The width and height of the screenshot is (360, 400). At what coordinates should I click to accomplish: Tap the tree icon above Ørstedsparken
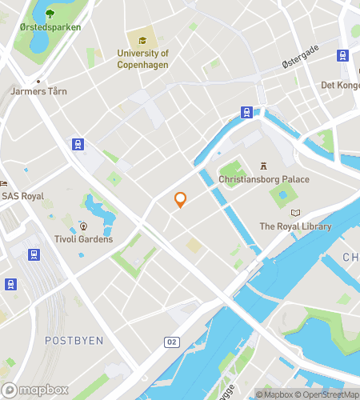[x=50, y=13]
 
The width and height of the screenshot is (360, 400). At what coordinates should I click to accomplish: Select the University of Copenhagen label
[x=142, y=58]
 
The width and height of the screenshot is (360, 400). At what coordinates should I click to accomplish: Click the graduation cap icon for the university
[x=142, y=41]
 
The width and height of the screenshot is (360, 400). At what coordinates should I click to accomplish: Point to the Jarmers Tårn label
[x=38, y=91]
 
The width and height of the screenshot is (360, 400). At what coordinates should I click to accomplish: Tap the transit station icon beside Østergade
[x=342, y=55]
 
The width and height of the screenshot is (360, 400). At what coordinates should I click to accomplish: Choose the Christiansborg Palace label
[x=263, y=179]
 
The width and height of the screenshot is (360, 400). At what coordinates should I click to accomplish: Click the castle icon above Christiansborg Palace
[x=262, y=166]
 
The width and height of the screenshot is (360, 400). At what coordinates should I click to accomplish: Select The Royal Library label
[x=294, y=226]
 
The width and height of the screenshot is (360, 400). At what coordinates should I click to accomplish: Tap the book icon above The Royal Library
[x=295, y=213]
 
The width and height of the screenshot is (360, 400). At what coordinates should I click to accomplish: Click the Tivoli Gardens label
[x=83, y=239]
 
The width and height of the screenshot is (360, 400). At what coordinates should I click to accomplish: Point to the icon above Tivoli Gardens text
[x=83, y=226]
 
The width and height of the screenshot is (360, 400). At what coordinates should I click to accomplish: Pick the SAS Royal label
[x=22, y=196]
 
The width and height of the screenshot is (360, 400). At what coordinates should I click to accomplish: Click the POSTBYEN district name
[x=74, y=340]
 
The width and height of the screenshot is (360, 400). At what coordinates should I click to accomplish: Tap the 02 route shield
[x=171, y=342]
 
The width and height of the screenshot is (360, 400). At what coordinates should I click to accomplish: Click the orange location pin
[x=181, y=199]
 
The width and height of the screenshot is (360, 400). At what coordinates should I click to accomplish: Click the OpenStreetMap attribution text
[x=329, y=394]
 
